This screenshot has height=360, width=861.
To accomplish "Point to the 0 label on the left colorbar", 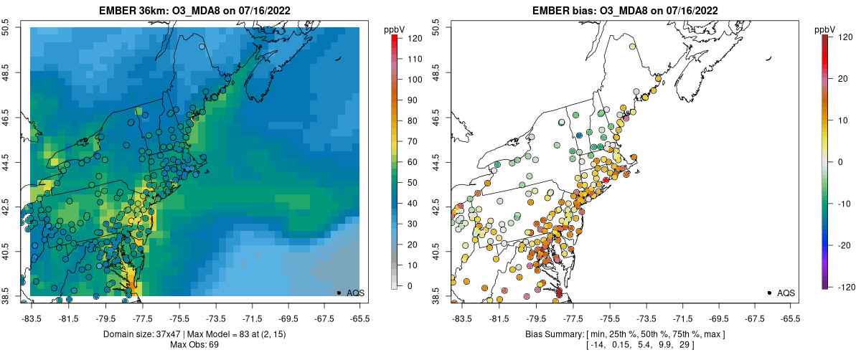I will (x=408, y=286).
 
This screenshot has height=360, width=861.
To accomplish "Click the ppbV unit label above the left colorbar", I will (x=395, y=29).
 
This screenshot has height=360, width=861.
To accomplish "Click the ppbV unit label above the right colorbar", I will (x=825, y=29).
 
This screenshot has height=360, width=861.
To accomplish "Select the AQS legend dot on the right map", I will (x=768, y=293).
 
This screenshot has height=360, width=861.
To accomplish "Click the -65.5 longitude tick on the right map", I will (x=790, y=318).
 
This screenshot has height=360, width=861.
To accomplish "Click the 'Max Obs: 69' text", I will (x=194, y=345).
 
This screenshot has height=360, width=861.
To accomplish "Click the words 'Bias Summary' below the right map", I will (x=553, y=335).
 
